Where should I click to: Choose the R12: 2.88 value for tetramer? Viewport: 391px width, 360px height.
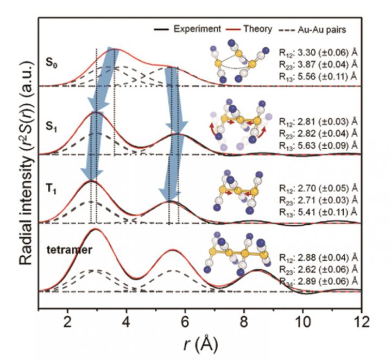pyautogui.click(x=318, y=257)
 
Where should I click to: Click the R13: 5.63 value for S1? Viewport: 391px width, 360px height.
pyautogui.click(x=318, y=144)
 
